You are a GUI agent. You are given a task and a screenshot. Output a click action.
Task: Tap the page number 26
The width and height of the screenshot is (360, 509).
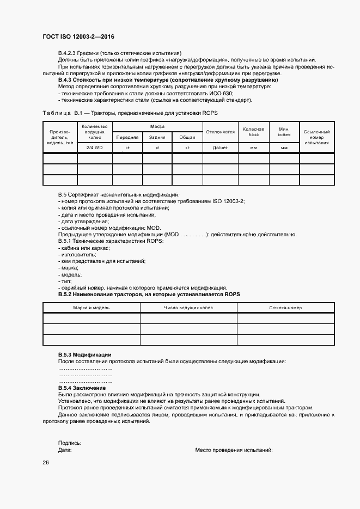pyautogui.click(x=46, y=463)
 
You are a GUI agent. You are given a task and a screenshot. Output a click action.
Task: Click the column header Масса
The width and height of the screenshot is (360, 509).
pyautogui.click(x=157, y=126)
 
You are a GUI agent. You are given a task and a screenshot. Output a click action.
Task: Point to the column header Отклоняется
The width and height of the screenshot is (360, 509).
pyautogui.click(x=219, y=132)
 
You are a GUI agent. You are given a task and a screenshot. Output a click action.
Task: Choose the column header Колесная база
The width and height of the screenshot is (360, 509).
pyautogui.click(x=253, y=132)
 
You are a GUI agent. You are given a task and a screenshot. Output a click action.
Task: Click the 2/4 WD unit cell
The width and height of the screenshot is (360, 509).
pyautogui.click(x=94, y=148)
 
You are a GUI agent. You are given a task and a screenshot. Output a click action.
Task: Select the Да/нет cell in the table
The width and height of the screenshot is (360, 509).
pyautogui.click(x=219, y=148)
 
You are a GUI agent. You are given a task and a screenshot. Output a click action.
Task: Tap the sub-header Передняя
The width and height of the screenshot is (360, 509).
pyautogui.click(x=127, y=137)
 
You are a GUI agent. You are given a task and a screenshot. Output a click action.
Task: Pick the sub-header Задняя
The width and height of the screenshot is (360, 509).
pyautogui.click(x=157, y=137)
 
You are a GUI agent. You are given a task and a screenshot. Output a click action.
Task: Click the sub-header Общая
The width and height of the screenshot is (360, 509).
pyautogui.click(x=187, y=137)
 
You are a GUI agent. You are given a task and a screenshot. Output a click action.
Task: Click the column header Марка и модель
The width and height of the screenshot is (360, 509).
pyautogui.click(x=91, y=308)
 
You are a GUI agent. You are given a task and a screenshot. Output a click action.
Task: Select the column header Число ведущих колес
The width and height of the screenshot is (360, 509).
pyautogui.click(x=188, y=308)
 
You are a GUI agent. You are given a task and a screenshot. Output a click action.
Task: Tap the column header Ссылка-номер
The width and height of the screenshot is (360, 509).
pyautogui.click(x=285, y=308)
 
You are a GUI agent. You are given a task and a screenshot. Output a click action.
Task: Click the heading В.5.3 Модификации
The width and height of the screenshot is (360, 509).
pyautogui.click(x=84, y=354)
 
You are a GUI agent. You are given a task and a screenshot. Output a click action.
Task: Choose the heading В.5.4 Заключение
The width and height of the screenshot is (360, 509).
pyautogui.click(x=82, y=388)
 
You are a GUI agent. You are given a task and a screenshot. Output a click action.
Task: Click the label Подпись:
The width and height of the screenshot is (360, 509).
pyautogui.click(x=70, y=443)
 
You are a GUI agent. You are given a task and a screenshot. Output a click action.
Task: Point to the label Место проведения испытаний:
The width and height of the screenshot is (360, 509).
pyautogui.click(x=234, y=450)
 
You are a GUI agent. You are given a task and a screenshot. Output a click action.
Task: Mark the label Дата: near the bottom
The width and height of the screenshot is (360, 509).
pyautogui.click(x=65, y=450)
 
